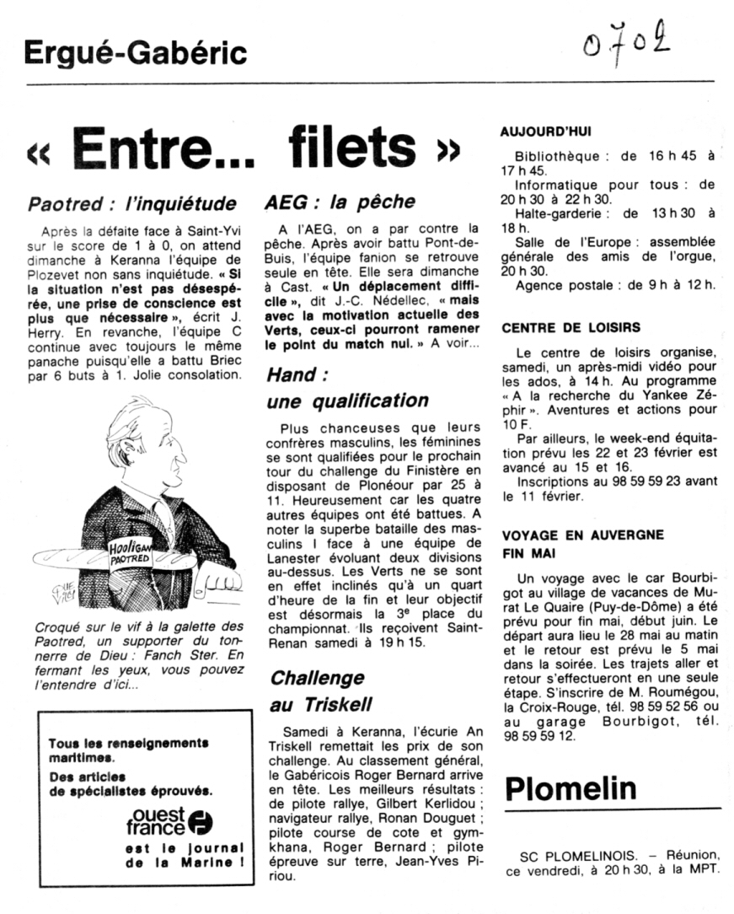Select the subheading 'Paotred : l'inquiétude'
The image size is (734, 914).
[132, 203]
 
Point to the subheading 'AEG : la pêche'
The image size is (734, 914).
[340, 202]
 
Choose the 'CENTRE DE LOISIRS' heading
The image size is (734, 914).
[571, 327]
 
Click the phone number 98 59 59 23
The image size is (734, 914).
[657, 481]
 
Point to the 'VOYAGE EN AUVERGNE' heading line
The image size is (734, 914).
[582, 535]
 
